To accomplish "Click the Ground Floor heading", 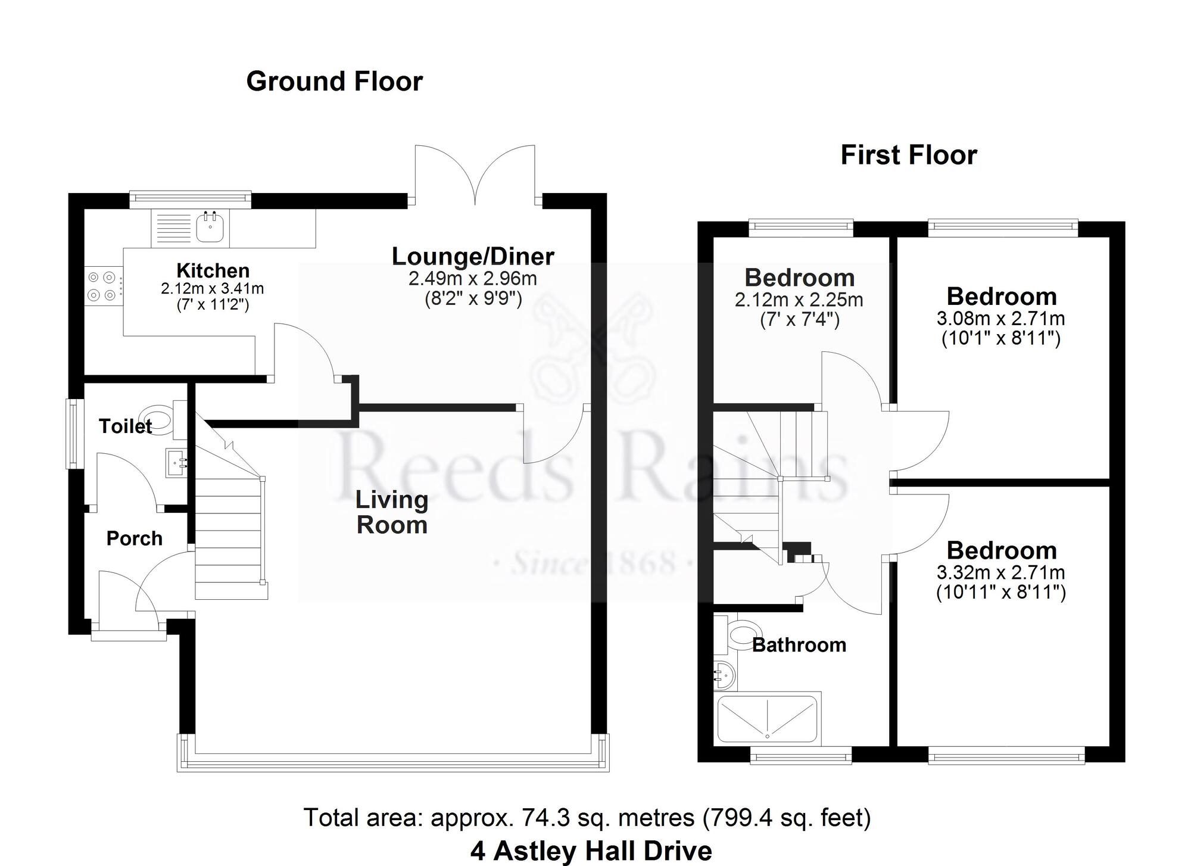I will pyautogui.click(x=334, y=82).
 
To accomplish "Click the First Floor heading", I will pyautogui.click(x=908, y=155).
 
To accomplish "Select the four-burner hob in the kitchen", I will pyautogui.click(x=102, y=286).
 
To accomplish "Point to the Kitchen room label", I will pyautogui.click(x=213, y=271).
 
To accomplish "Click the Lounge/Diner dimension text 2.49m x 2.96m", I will pyautogui.click(x=472, y=278).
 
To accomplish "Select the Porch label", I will pyautogui.click(x=134, y=538).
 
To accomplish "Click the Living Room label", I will pyautogui.click(x=391, y=512).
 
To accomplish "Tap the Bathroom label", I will pyautogui.click(x=799, y=645).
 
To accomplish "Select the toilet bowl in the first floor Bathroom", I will pyautogui.click(x=744, y=632).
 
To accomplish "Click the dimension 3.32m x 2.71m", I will pyautogui.click(x=1000, y=573).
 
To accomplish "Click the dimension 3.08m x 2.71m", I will pyautogui.click(x=1000, y=319).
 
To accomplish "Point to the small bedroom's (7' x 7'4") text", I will pyautogui.click(x=799, y=320).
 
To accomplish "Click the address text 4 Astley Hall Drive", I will pyautogui.click(x=591, y=851).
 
